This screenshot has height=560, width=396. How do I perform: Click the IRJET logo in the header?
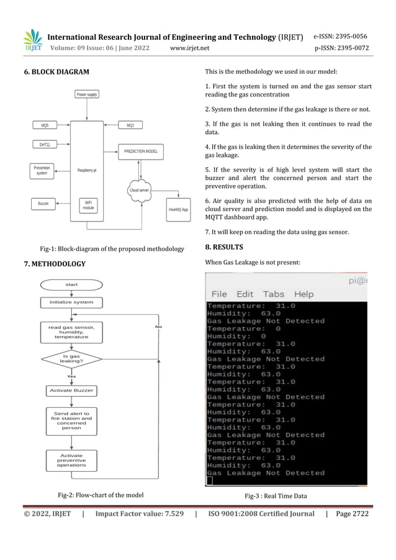(33, 41)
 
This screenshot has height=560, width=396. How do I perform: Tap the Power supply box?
(87, 94)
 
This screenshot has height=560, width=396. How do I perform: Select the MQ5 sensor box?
(45, 125)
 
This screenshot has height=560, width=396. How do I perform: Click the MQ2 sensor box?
(130, 125)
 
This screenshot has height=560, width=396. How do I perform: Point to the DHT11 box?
(45, 145)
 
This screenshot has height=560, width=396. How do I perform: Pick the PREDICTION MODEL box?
(140, 151)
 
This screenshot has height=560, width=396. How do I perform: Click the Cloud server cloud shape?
(140, 190)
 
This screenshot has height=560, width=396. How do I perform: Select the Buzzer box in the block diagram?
(43, 203)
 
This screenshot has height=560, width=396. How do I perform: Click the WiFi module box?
(88, 205)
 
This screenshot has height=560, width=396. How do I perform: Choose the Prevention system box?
(42, 170)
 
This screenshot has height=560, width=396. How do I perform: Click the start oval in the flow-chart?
(71, 284)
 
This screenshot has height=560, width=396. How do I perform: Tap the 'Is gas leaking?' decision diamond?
(71, 359)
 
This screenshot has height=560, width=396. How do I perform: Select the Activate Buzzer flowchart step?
(71, 391)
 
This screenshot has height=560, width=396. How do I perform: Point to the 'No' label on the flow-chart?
(159, 327)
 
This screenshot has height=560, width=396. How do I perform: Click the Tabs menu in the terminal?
(273, 294)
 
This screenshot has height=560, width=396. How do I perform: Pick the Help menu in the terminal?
(304, 294)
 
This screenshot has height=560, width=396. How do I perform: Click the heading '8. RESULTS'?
(224, 247)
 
